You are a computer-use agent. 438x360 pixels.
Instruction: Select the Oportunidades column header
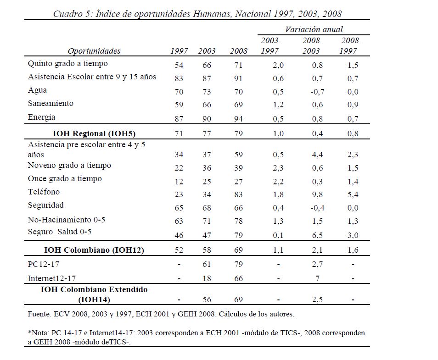coord(94,51)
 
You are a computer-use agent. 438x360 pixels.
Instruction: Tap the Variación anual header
coord(314,29)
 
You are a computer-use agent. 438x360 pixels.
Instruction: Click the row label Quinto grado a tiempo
coord(68,64)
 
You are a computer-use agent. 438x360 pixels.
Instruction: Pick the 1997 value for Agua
coord(179,92)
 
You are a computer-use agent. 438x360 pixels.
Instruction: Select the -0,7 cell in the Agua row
coord(317,92)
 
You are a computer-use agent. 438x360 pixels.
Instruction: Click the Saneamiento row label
coord(51,104)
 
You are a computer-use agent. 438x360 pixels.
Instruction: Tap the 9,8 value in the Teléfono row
coord(317,194)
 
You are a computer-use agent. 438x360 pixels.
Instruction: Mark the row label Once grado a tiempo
coord(65,178)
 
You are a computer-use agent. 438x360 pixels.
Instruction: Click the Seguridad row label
coord(46,205)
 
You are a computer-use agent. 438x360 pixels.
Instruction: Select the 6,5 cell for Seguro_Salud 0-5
coord(317,235)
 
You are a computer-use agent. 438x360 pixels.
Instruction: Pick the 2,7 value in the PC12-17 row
coord(317,265)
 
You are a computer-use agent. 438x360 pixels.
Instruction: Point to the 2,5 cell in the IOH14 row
coord(317,299)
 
